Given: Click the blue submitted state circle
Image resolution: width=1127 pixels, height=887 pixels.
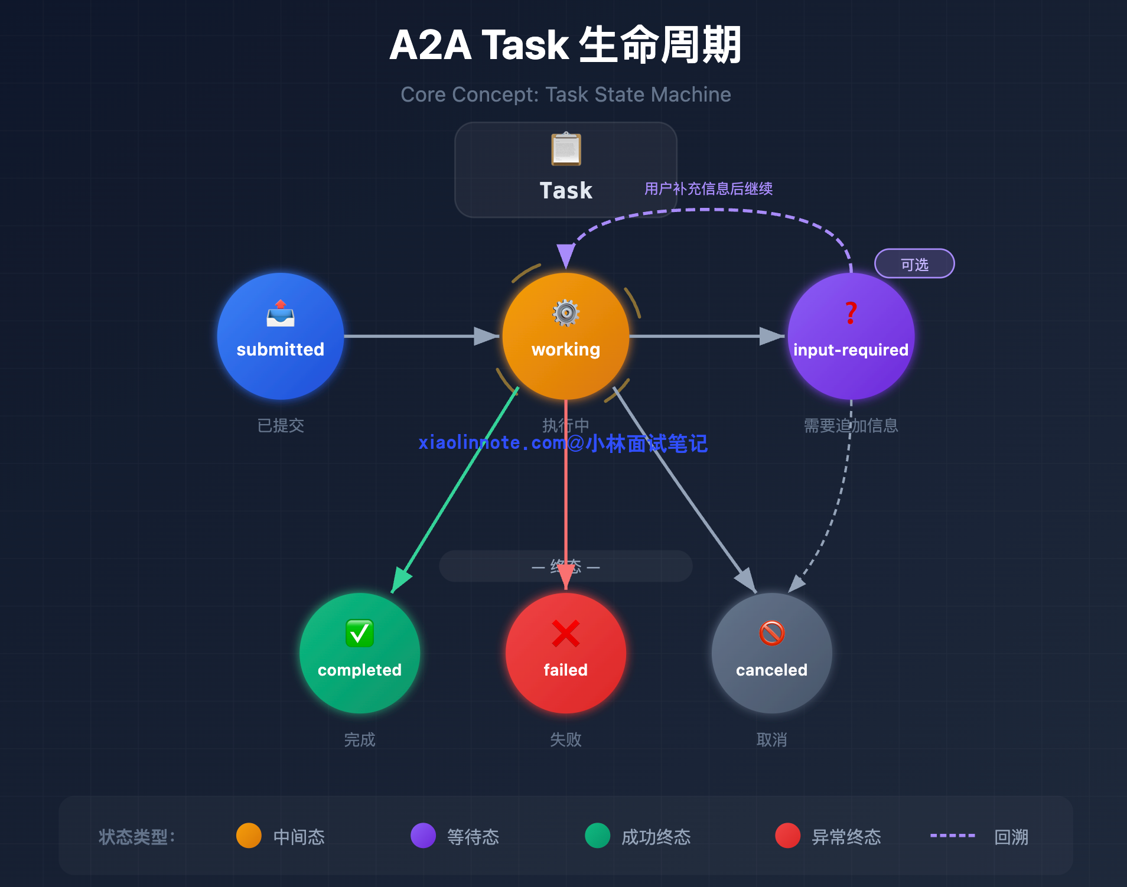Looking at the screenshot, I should pos(280,337).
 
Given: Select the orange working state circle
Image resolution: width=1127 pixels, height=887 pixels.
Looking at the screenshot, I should pos(565,337).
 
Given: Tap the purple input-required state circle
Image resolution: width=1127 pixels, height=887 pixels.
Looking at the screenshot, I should pos(851,337).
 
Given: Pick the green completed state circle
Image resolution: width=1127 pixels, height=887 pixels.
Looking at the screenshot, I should pos(359,653).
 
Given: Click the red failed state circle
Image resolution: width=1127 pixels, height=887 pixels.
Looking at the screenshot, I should pos(565,653).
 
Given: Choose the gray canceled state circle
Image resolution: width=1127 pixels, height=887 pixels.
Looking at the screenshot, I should pos(771,653).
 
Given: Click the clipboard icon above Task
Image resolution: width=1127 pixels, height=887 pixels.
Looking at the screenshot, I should pos(566,149).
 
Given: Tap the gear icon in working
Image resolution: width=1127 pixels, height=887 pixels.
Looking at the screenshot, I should pos(566,312).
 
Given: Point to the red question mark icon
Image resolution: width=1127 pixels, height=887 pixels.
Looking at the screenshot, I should pos(851,312).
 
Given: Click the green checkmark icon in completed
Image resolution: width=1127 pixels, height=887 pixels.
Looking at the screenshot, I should pos(359,633).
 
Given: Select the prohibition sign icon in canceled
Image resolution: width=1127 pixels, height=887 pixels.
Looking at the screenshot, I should pos(771,633).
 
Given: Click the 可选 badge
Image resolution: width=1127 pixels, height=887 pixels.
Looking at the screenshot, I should pos(914,264).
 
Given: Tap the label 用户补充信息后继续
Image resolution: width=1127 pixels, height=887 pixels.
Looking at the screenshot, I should pos(708,189).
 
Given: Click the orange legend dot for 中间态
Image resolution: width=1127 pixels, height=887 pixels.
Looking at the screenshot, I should pos(249,836).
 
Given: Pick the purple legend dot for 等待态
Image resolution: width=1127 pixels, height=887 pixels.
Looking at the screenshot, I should pos(423,836).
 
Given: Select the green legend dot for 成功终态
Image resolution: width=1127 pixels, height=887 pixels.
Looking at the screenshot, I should pos(597,836).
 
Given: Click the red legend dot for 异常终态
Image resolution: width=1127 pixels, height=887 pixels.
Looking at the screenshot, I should pos(787,836).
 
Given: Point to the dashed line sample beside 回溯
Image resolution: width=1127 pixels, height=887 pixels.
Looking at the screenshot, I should pos(952,836).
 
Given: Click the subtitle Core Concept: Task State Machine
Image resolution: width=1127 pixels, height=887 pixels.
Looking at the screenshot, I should pos(565,94).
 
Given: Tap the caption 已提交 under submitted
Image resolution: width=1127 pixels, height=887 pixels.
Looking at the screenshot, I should pos(281,425).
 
